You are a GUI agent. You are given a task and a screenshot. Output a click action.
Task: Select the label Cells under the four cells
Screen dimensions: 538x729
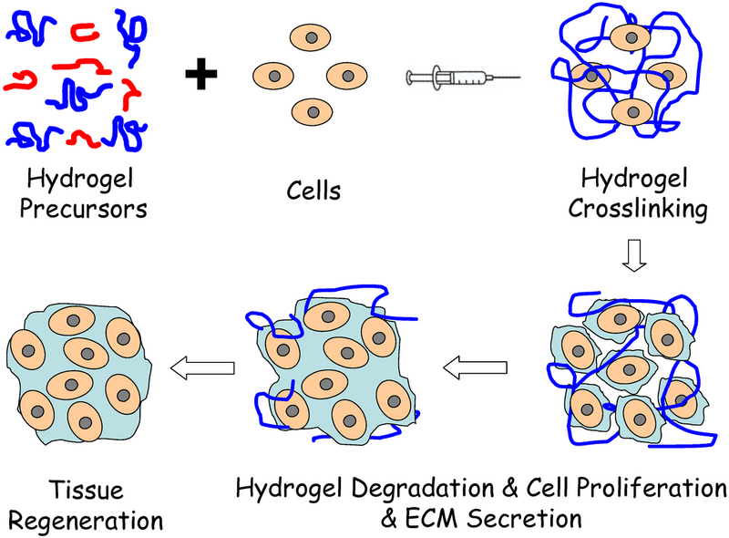click(x=313, y=191)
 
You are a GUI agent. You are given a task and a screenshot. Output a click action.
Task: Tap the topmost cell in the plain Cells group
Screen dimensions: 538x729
click(x=313, y=38)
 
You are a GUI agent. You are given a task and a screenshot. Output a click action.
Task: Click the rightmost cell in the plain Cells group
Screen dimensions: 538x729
click(x=351, y=75)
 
